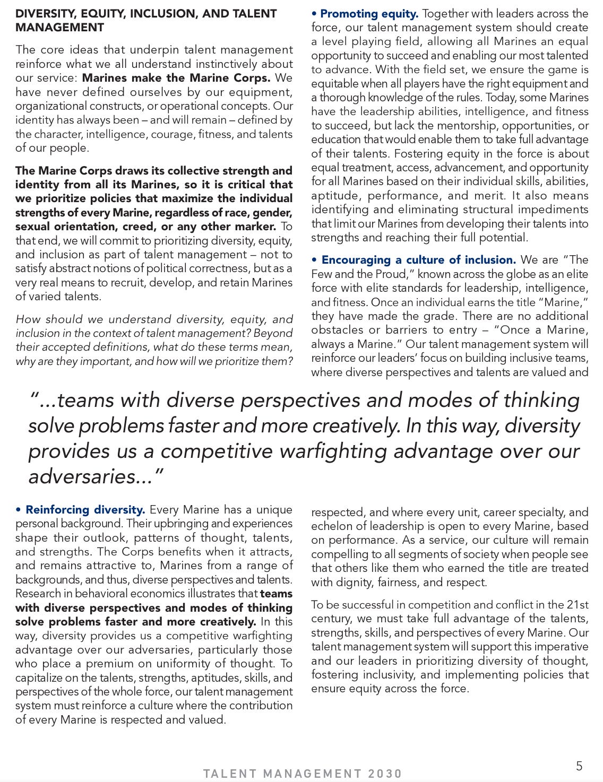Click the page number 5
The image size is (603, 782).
click(x=579, y=766)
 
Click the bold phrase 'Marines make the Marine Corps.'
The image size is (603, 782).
click(x=177, y=78)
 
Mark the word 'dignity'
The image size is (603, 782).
click(x=355, y=583)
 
